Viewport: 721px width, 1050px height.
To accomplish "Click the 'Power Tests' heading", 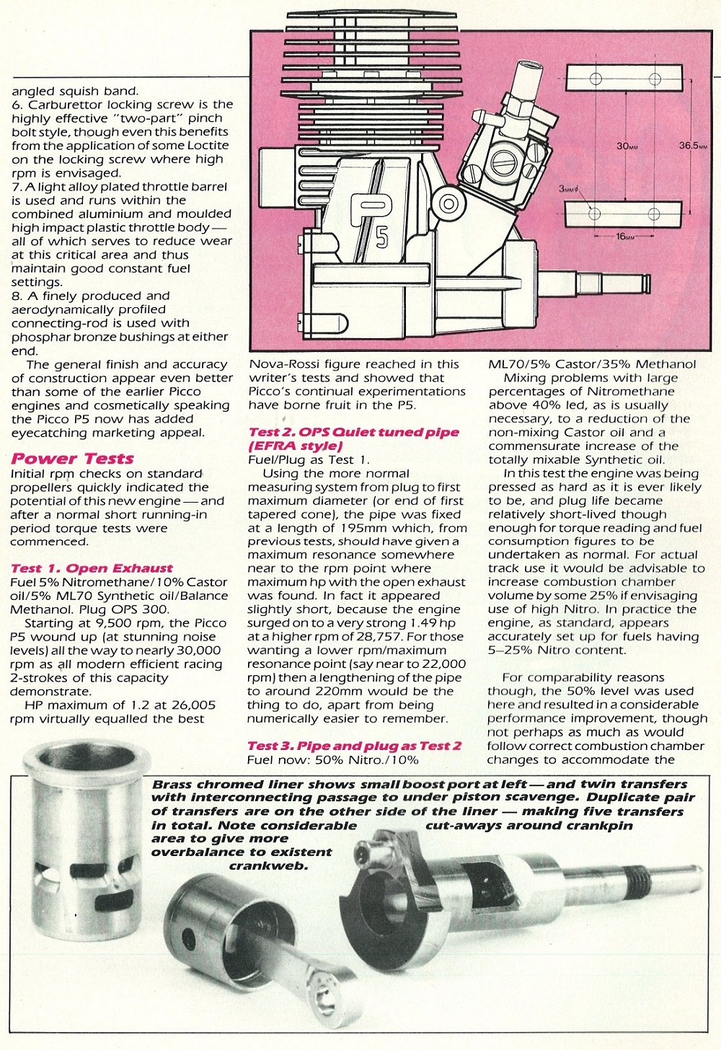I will click(x=72, y=459).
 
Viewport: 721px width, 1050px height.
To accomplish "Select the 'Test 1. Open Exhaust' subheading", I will click(x=92, y=568).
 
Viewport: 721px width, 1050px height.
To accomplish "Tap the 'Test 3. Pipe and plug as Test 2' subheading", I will click(x=354, y=746).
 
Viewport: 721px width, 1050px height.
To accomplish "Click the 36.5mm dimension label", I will click(x=693, y=146).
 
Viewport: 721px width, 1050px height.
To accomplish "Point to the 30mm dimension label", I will click(x=626, y=146).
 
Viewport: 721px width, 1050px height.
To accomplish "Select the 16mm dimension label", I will click(x=624, y=236).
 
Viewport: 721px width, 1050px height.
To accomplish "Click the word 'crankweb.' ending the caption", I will click(x=268, y=865).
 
